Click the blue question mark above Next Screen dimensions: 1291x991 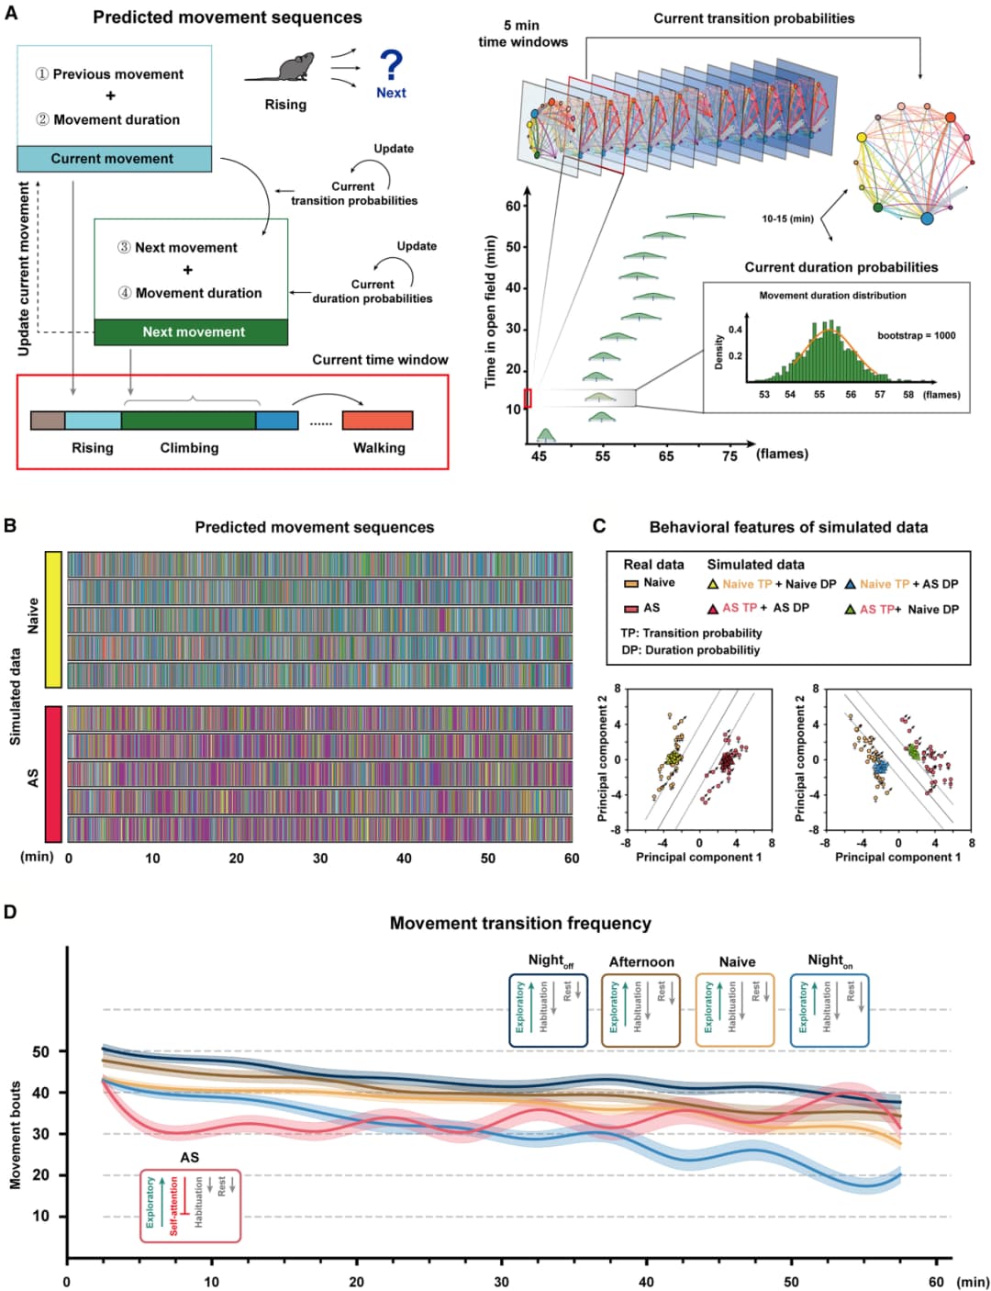tap(391, 65)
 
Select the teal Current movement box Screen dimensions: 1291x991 tap(114, 159)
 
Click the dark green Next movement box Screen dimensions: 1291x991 tap(191, 332)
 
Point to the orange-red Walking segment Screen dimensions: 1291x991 tap(377, 421)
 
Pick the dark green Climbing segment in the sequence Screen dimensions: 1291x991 tap(188, 421)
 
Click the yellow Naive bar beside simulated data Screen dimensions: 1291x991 tap(52, 619)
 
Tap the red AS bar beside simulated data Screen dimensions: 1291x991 tap(52, 774)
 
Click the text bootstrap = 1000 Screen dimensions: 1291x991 tap(916, 335)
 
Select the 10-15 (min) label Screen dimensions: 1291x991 tap(787, 219)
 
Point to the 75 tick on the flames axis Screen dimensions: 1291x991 tap(729, 455)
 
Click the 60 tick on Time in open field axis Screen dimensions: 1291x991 tap(514, 206)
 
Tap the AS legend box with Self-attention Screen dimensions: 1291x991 tap(190, 1205)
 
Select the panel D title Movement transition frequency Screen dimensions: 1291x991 tap(520, 924)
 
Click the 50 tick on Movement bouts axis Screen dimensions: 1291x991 tap(41, 1051)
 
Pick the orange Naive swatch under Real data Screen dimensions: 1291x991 tap(631, 584)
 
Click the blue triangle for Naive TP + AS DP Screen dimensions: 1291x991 tap(850, 584)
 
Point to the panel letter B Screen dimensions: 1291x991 tap(10, 525)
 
